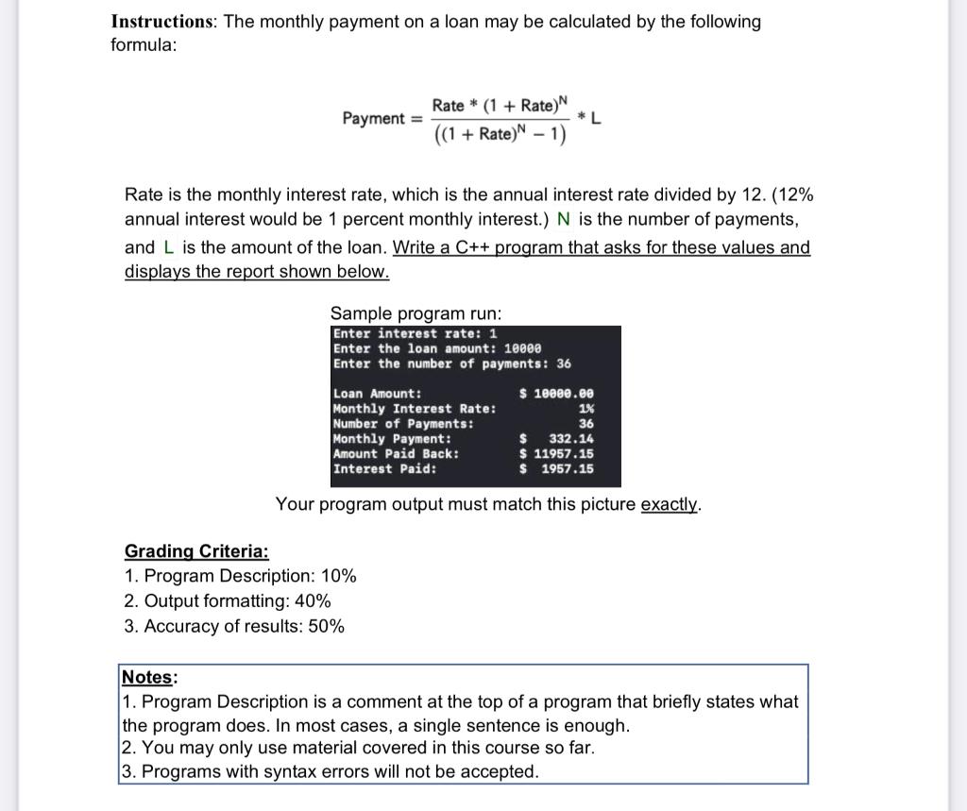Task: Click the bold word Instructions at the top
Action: pos(162,22)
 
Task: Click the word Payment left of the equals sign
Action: pos(374,119)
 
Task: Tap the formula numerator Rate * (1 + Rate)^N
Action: pos(500,104)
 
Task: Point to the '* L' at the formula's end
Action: pos(591,119)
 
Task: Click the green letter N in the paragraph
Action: pos(564,219)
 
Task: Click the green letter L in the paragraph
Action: pos(169,247)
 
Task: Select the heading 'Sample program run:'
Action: pos(416,313)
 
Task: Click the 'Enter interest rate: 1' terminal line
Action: pos(415,334)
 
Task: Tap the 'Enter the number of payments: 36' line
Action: pos(451,363)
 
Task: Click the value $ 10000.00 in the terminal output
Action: pos(557,394)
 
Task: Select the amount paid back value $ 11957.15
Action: pos(557,454)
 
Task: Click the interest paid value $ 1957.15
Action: pos(557,469)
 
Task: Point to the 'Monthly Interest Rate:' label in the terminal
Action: pos(414,409)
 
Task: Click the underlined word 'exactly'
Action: pos(670,504)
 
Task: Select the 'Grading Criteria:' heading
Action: pos(196,551)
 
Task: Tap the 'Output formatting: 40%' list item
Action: pos(228,601)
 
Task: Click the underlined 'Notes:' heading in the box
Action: pos(149,677)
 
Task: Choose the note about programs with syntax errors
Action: pos(330,771)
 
